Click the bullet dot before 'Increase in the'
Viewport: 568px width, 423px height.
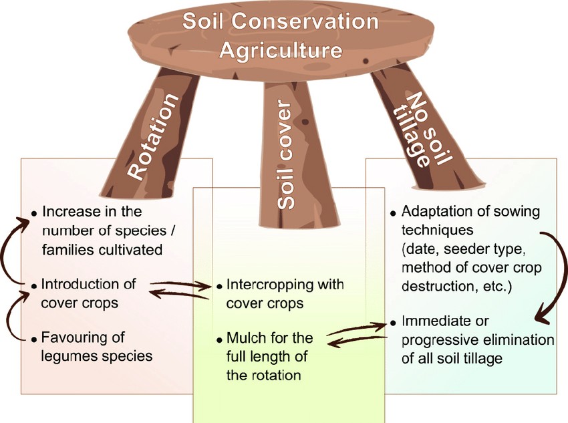pyautogui.click(x=33, y=213)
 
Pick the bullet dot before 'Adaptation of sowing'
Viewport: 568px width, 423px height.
pyautogui.click(x=393, y=213)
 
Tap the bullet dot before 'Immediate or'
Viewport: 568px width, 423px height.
pyautogui.click(x=393, y=323)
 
